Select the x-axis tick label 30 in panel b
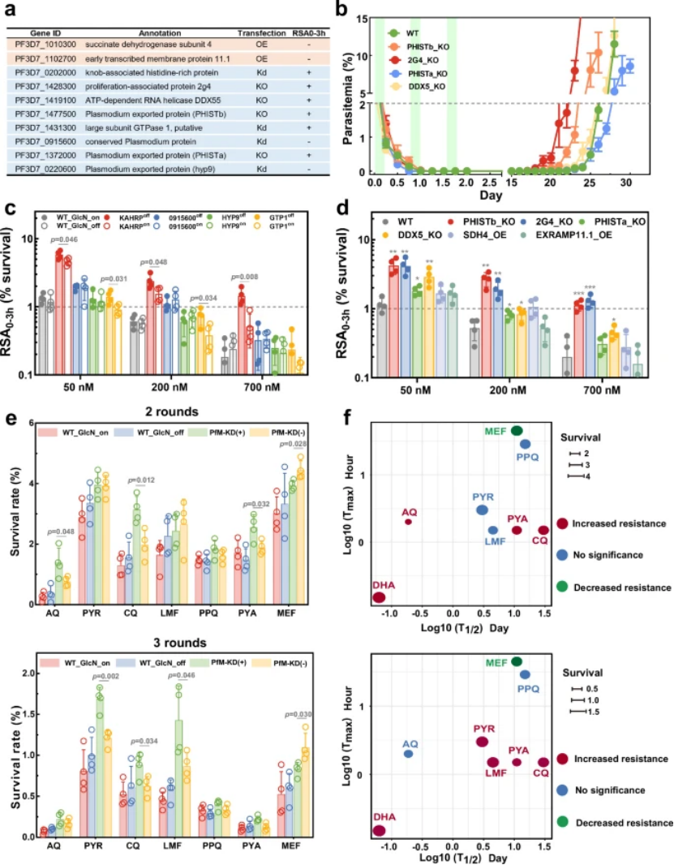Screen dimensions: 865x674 (625, 185)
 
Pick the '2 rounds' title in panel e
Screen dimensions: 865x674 (171, 411)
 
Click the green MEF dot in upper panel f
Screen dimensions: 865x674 (517, 430)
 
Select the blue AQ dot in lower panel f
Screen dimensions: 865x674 (408, 754)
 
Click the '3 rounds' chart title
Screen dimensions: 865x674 (171, 643)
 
